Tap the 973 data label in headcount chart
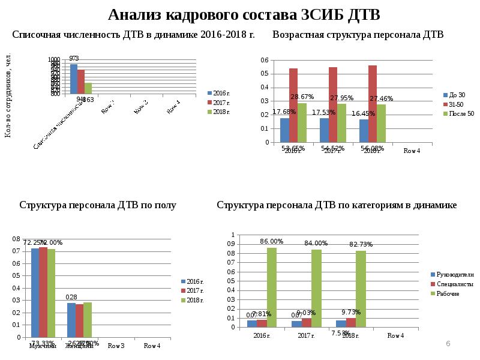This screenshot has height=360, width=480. pos(74,58)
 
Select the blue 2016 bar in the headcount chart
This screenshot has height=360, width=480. pos(74,79)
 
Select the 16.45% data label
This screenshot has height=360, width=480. pos(364,113)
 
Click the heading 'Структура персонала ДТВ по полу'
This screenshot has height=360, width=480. pos(98,205)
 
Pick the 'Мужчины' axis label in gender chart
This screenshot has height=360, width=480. pos(43,346)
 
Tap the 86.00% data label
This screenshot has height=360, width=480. pos(272,241)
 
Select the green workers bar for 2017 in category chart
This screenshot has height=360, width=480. pos(316,288)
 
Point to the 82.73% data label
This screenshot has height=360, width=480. pos(361,244)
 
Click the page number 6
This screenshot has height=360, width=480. pos(448,343)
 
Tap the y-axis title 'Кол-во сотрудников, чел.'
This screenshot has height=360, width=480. pos(8,95)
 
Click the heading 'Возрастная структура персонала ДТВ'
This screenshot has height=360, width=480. pos(358,35)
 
